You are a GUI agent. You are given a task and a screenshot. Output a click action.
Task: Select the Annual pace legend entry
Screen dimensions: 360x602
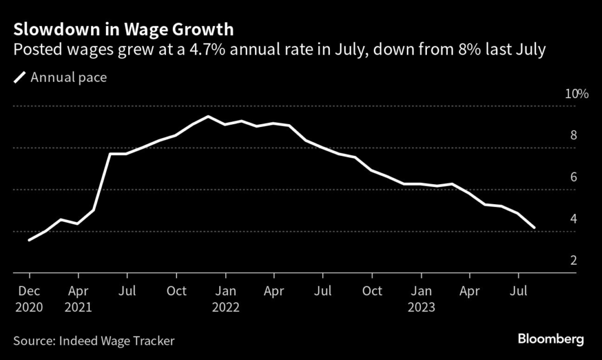[x=68, y=77]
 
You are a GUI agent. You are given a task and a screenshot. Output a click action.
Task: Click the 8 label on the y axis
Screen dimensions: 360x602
[x=573, y=136]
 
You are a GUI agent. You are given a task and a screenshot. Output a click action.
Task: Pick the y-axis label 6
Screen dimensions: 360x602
[x=573, y=178]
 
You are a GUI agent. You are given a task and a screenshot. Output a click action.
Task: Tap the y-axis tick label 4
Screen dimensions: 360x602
[x=573, y=219]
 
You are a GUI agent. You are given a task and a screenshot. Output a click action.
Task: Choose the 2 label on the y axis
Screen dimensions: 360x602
[x=573, y=261]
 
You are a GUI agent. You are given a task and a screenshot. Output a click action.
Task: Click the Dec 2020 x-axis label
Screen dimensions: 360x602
[x=29, y=299]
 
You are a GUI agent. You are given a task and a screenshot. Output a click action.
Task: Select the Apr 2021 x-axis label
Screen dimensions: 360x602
[x=78, y=299]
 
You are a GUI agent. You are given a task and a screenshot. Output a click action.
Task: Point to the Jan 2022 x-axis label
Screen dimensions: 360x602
[x=225, y=299]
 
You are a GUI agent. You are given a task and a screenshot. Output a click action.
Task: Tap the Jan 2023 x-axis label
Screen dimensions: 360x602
[x=421, y=299]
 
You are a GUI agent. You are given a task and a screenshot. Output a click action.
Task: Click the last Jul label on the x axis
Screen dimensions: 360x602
[x=518, y=291]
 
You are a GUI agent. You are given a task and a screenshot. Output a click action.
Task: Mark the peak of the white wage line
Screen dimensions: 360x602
[x=208, y=116]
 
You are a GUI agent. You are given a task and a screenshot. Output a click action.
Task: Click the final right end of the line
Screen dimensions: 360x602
[x=534, y=227]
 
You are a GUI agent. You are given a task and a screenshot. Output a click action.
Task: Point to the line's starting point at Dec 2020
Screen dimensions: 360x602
[x=29, y=240]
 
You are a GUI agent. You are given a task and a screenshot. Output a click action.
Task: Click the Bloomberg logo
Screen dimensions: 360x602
[x=550, y=339]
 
